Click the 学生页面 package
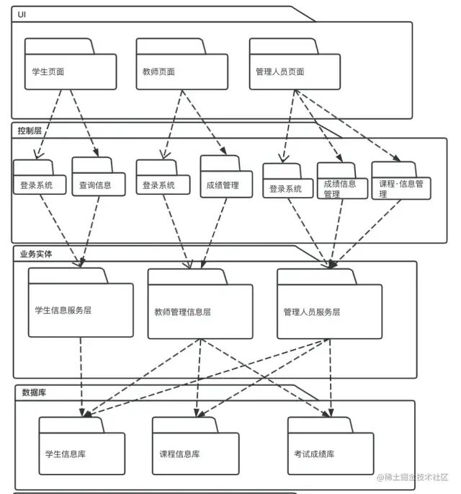[70, 71]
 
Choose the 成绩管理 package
[223, 184]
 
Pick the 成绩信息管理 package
[340, 188]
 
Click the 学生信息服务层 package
[81, 310]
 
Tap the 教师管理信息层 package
[200, 312]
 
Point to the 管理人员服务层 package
[329, 312]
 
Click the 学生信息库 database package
[81, 454]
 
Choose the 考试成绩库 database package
[330, 454]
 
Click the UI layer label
[22, 14]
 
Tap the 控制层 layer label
[29, 130]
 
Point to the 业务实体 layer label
[35, 254]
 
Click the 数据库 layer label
[34, 392]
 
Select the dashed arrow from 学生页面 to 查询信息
[84, 123]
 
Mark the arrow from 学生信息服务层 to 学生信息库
[81, 375]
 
